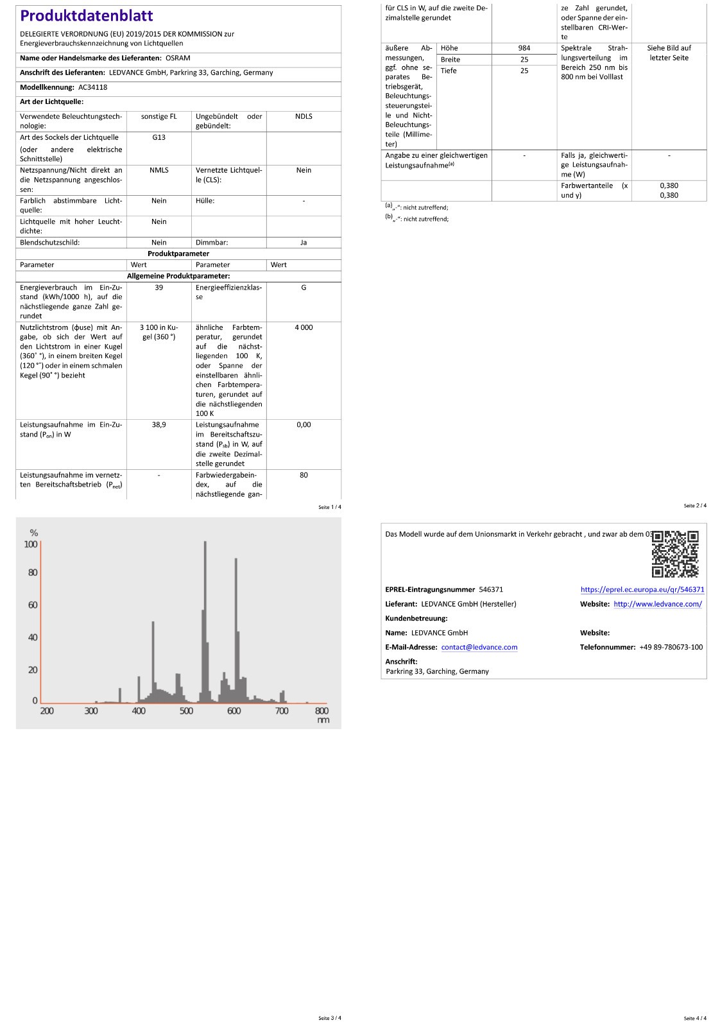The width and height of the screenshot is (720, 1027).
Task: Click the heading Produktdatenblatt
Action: tap(87, 16)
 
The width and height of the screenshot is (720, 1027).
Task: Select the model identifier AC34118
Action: tap(93, 87)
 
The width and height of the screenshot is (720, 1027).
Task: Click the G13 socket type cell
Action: tap(159, 137)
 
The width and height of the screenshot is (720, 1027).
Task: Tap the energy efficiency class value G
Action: tap(304, 288)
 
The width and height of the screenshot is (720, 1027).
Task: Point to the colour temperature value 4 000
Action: tap(304, 327)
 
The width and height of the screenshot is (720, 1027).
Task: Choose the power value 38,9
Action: tap(159, 425)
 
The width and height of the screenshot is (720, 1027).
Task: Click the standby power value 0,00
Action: tap(304, 425)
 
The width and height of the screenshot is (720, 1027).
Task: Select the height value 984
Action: tap(524, 48)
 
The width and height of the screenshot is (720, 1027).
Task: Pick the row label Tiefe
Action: tap(449, 71)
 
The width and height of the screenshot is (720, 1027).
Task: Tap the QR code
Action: tap(675, 554)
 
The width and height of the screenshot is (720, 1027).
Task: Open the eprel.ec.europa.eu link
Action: tap(642, 590)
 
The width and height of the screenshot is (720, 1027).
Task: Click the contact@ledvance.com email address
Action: tap(479, 648)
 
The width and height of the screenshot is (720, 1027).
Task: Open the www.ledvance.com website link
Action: tap(658, 604)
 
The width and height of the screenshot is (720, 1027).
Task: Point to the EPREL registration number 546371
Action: tap(491, 590)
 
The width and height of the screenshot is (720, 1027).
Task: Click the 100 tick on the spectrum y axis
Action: tap(31, 544)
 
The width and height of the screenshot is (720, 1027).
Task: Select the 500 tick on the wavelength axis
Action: tap(186, 711)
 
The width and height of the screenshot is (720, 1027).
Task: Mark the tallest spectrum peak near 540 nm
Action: tap(205, 543)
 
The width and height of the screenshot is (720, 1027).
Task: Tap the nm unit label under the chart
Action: tap(323, 721)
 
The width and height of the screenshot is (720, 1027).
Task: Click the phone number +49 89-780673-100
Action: tap(671, 648)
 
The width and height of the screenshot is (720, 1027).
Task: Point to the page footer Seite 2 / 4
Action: tap(695, 506)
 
